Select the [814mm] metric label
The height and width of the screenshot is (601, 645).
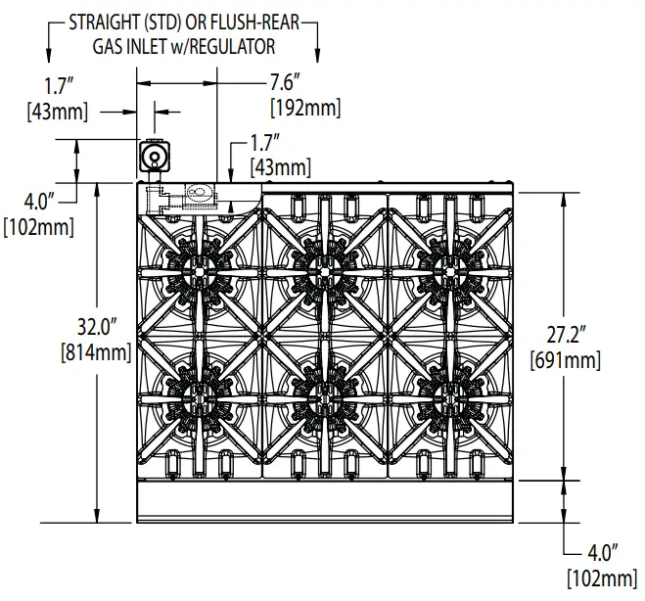point(96,351)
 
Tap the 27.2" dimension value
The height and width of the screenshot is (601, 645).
point(565,337)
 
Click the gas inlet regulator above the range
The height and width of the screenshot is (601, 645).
point(154,157)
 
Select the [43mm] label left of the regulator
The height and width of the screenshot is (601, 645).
point(57,112)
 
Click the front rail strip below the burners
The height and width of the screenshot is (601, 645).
point(324,505)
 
